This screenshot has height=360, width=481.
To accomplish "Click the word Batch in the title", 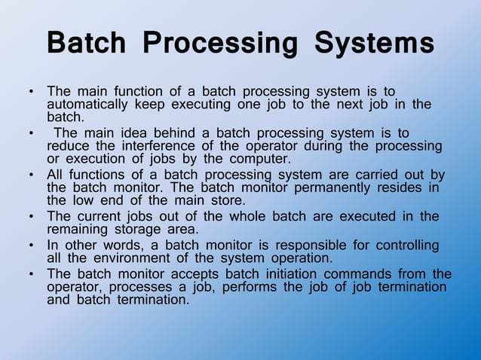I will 87,43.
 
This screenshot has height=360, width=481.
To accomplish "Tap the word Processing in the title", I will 221,44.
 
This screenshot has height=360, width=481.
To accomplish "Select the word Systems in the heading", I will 374,43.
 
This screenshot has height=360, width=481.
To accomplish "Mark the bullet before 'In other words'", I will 31,246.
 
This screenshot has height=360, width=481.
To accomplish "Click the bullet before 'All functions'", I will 31,175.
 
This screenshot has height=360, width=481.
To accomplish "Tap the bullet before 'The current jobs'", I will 31,217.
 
